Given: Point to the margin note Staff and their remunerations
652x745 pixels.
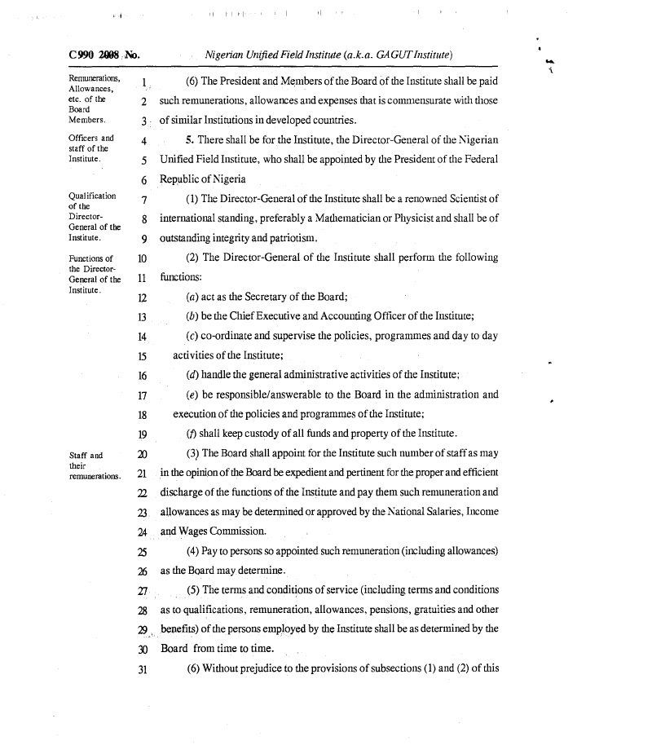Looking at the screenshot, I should coord(95,465).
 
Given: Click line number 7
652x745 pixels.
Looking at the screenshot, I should coord(143,200).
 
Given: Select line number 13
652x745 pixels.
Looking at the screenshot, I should coord(142,316).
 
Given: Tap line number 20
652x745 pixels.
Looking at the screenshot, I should coord(142,454).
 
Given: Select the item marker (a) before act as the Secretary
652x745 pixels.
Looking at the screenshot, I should coord(193,297).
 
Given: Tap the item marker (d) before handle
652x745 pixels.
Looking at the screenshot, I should coord(193,375).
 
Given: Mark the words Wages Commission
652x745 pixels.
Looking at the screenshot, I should coord(214,531).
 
